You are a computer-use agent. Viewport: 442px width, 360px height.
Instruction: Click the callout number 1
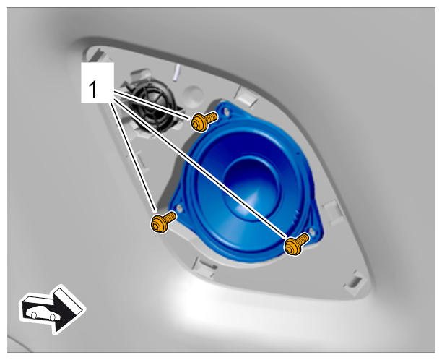pyautogui.click(x=92, y=89)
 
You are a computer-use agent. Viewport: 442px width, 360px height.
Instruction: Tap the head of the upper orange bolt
pyautogui.click(x=199, y=123)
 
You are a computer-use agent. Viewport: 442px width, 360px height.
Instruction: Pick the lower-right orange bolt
pyautogui.click(x=297, y=244)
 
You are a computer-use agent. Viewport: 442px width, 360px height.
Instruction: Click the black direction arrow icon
pyautogui.click(x=53, y=309)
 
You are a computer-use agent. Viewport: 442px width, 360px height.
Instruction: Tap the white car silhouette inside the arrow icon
pyautogui.click(x=43, y=312)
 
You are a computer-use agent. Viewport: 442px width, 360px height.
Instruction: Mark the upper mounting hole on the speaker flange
pyautogui.click(x=226, y=111)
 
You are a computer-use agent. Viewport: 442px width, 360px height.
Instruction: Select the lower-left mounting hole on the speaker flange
pyautogui.click(x=179, y=208)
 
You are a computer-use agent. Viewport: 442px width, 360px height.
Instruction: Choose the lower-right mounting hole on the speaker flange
pyautogui.click(x=312, y=231)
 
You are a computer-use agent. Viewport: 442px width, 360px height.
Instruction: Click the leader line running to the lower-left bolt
pyautogui.click(x=133, y=157)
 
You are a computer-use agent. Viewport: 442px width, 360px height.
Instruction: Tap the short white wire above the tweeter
pyautogui.click(x=175, y=73)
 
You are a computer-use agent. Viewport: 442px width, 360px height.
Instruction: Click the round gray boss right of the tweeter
pyautogui.click(x=193, y=93)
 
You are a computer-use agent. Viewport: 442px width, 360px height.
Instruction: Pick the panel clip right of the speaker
pyautogui.click(x=333, y=210)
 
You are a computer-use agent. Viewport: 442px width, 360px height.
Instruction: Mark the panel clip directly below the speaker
pyautogui.click(x=204, y=265)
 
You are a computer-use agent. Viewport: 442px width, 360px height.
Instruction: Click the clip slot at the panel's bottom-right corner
pyautogui.click(x=355, y=281)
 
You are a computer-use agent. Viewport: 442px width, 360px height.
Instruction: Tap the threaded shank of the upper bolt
pyautogui.click(x=211, y=116)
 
